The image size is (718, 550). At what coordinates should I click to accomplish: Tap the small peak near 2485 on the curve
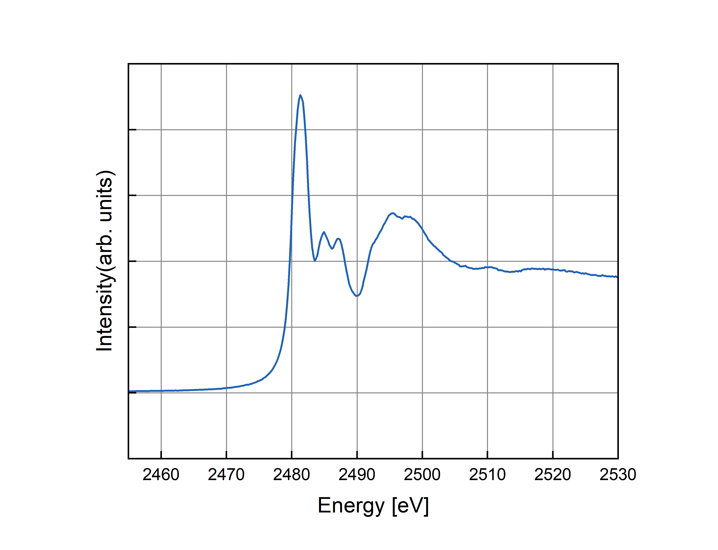324,232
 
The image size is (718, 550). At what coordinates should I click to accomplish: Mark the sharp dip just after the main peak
315,261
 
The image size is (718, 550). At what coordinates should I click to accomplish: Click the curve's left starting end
130,391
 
